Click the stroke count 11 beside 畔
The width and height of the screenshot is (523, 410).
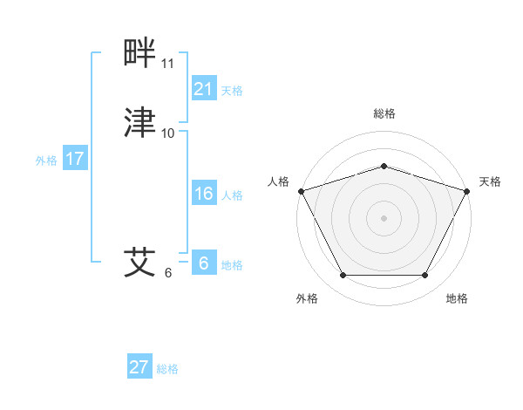point(168,64)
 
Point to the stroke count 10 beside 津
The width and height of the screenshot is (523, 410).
point(168,133)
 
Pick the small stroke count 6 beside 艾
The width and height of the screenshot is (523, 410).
point(168,272)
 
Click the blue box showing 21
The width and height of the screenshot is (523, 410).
point(204,88)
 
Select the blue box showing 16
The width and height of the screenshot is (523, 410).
point(204,194)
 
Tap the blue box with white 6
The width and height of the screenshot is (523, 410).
point(204,263)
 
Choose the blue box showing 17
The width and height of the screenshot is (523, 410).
point(75,160)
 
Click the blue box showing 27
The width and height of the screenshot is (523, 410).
point(139,367)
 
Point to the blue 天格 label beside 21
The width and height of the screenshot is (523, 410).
point(232,90)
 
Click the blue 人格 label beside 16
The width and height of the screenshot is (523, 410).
point(232,195)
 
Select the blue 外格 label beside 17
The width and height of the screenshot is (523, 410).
point(46,161)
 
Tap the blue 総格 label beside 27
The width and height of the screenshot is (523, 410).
point(167,369)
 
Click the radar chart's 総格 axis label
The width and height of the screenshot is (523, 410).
point(384,113)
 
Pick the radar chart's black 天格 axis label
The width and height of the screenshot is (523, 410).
point(491,181)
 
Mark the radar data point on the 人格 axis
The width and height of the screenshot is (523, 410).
point(301,190)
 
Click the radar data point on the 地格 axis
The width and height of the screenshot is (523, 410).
point(425,275)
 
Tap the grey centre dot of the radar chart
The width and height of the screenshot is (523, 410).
point(384,217)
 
